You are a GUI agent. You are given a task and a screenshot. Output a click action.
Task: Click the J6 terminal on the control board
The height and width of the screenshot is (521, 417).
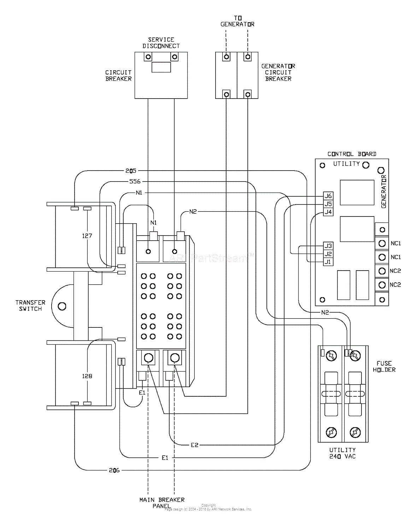pyautogui.click(x=328, y=196)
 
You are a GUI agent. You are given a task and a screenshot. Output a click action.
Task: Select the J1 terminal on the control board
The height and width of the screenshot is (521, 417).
pyautogui.click(x=328, y=262)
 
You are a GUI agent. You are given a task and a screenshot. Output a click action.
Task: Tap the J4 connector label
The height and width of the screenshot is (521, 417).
pyautogui.click(x=328, y=212)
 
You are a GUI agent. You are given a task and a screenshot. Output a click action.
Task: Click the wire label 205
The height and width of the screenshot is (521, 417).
pyautogui.click(x=130, y=171)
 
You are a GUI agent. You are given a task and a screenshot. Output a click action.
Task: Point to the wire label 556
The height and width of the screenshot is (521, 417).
pyautogui.click(x=135, y=182)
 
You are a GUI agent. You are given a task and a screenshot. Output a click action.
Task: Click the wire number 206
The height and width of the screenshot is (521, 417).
pyautogui.click(x=114, y=470)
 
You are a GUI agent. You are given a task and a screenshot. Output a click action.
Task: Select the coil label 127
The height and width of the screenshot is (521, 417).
pyautogui.click(x=87, y=236)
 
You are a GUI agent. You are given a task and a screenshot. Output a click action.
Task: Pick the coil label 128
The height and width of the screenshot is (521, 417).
pyautogui.click(x=87, y=376)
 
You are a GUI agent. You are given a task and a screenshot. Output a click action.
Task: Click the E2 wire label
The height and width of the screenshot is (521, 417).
pyautogui.click(x=194, y=445)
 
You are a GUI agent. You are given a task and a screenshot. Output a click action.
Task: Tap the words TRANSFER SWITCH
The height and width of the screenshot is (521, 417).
pyautogui.click(x=30, y=306)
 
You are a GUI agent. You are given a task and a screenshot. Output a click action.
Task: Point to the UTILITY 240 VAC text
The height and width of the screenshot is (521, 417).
pyautogui.click(x=342, y=453)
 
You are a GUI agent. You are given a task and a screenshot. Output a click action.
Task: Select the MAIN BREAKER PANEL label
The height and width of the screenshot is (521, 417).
pyautogui.click(x=162, y=503)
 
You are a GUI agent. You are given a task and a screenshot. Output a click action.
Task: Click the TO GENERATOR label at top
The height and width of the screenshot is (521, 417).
pyautogui.click(x=237, y=21)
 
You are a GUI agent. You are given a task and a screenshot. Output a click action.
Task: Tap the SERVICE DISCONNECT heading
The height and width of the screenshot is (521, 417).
pyautogui.click(x=161, y=43)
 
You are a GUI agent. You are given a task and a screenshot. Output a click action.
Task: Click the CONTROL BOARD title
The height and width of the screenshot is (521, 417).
pyautogui.click(x=352, y=154)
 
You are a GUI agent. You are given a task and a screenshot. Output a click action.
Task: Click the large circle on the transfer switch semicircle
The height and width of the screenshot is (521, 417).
pyautogui.click(x=62, y=306)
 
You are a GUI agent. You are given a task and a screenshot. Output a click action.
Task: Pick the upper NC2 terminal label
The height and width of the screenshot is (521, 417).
pyautogui.click(x=395, y=271)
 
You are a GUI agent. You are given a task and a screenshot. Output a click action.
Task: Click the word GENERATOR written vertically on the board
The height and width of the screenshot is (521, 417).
pyautogui.click(x=384, y=191)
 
